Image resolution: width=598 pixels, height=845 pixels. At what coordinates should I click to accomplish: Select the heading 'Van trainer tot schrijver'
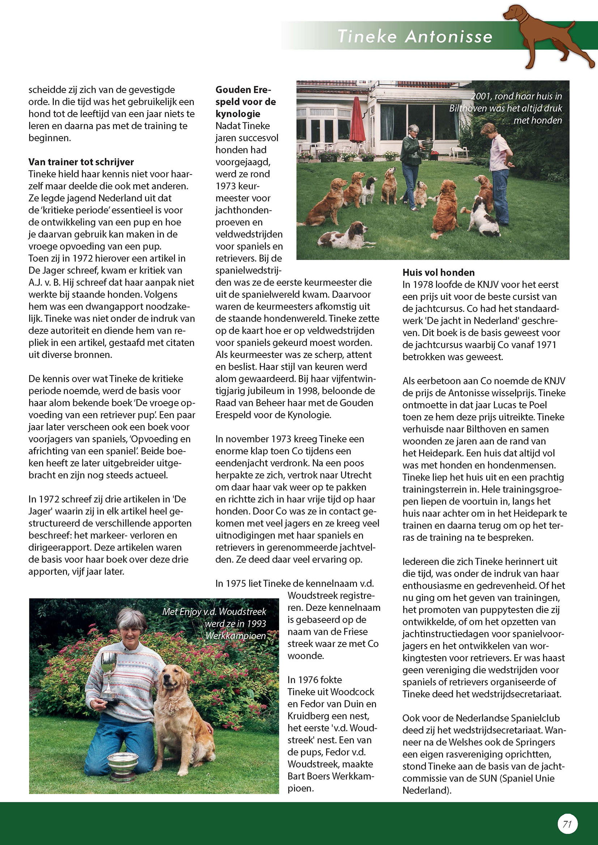pyautogui.click(x=81, y=162)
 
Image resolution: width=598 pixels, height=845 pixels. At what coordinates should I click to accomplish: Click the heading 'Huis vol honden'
pyautogui.click(x=438, y=272)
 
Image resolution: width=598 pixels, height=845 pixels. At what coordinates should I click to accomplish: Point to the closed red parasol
pyautogui.click(x=357, y=120)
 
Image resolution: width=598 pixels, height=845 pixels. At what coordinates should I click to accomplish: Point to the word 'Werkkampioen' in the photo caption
pyautogui.click(x=236, y=635)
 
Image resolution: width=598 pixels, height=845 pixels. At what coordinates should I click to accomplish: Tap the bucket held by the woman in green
pyautogui.click(x=427, y=145)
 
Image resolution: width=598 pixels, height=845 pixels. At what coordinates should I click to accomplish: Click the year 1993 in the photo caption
pyautogui.click(x=256, y=624)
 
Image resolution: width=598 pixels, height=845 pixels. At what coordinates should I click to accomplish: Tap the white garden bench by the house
pyautogui.click(x=459, y=151)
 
